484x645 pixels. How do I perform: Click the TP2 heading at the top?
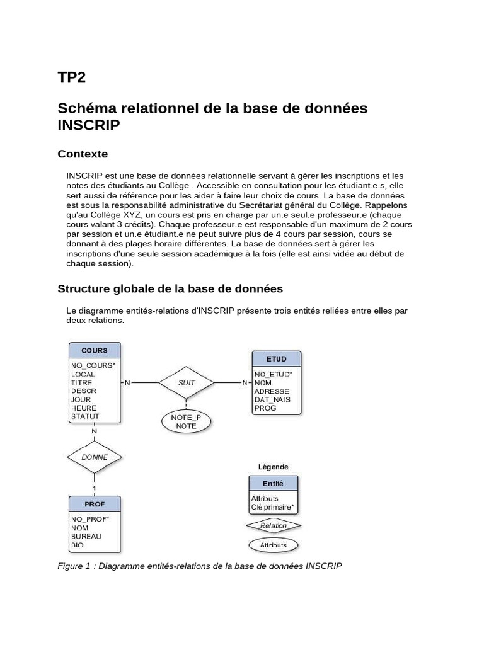click(71, 78)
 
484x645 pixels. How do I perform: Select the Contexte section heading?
click(83, 154)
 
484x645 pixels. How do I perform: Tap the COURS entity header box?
click(95, 351)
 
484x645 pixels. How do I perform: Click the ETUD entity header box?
click(276, 359)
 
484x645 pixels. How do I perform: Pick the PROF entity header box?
click(95, 504)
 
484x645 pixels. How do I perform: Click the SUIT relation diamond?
click(187, 382)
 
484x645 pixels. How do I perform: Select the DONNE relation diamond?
click(95, 457)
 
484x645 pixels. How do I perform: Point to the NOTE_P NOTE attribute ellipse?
click(186, 421)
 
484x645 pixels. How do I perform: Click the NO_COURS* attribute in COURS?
click(93, 365)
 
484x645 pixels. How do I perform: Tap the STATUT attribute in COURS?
click(85, 416)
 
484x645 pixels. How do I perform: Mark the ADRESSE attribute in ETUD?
click(271, 391)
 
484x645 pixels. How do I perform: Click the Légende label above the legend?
click(274, 467)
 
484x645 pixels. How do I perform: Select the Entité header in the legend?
click(273, 484)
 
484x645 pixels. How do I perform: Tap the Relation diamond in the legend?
click(274, 525)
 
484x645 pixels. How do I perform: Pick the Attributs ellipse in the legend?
click(274, 545)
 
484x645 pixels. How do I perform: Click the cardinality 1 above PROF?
click(95, 488)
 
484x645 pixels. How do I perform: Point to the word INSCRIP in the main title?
click(88, 125)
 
